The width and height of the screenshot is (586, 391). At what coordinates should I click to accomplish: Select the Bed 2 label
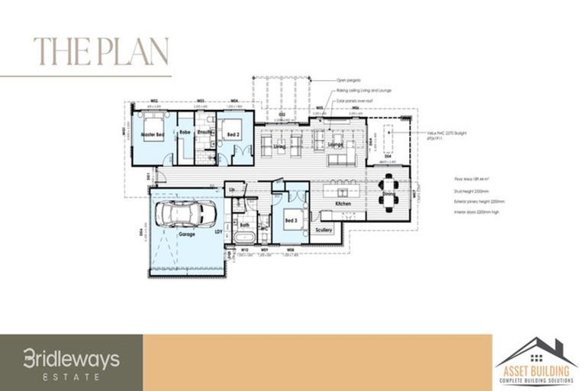232,134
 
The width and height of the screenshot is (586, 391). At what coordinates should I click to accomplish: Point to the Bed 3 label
291,220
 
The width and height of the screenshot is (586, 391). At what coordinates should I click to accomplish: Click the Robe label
185,132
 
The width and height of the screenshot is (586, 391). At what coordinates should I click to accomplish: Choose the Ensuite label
204,132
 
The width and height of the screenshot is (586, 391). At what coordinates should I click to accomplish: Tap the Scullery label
324,228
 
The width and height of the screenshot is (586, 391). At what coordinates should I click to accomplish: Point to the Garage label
187,234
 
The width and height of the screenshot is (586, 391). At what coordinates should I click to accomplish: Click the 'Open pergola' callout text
348,80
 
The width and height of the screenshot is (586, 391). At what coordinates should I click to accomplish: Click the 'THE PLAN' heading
101,52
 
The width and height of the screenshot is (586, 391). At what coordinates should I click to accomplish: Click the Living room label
279,145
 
